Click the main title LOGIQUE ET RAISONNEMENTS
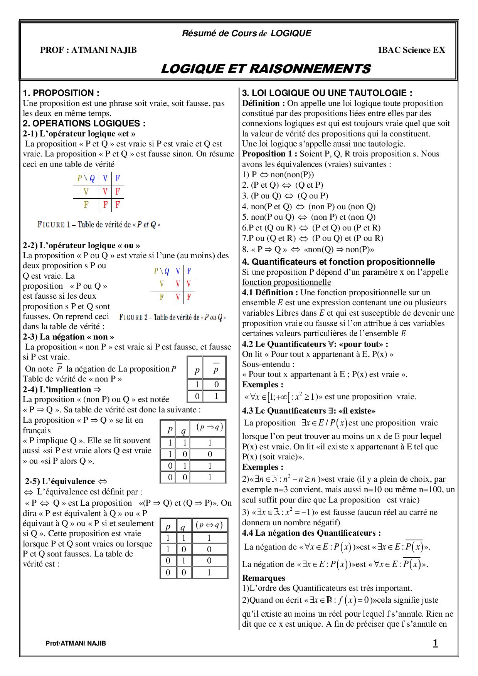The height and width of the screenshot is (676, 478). tap(265, 69)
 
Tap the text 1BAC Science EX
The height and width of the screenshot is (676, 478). tap(411, 50)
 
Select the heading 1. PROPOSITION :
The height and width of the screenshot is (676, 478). tap(61, 93)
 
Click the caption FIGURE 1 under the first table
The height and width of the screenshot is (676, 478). tap(99, 224)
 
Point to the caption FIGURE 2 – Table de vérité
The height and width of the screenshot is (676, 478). tap(172, 317)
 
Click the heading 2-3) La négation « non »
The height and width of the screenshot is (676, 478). tap(68, 336)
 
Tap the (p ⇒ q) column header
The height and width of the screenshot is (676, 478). tap(209, 427)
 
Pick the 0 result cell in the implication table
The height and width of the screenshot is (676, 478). tap(210, 454)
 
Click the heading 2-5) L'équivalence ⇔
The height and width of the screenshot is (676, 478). tap(66, 481)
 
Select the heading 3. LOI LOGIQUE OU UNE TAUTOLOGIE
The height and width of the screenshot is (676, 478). tap(327, 93)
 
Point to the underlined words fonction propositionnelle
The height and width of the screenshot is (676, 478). tap(286, 282)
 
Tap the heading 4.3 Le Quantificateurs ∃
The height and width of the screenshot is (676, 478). tap(308, 410)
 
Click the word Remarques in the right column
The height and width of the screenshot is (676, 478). tap(264, 578)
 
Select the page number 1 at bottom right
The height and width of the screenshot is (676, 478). tap(435, 643)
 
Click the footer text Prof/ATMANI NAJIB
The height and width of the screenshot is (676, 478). tap(76, 643)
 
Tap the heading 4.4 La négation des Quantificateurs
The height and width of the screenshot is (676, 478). tap(311, 533)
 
